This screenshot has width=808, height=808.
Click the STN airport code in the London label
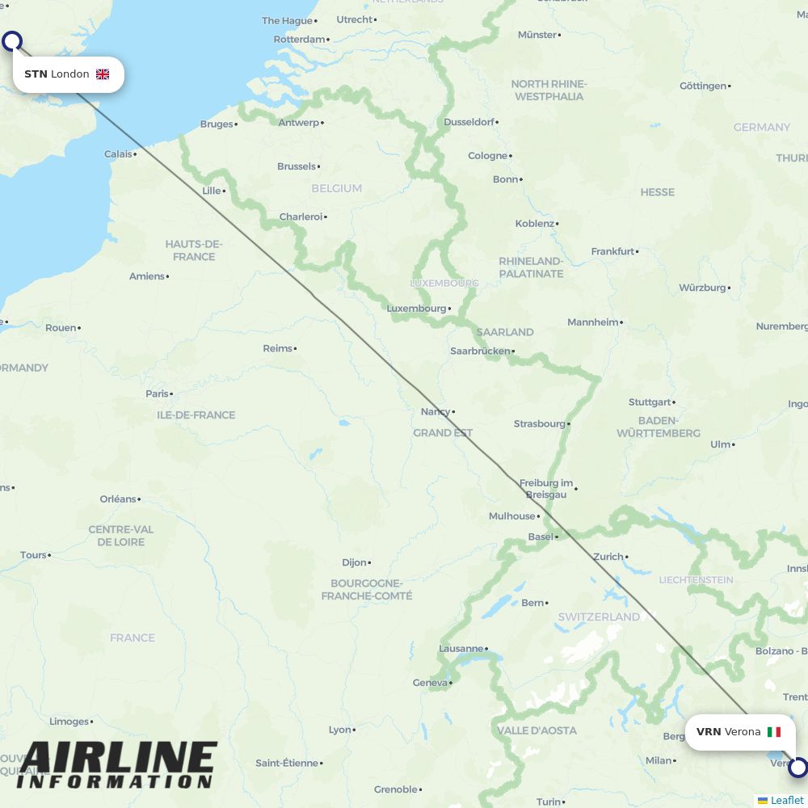click(36, 74)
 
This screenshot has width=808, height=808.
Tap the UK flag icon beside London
click(103, 74)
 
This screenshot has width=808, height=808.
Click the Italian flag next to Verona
click(774, 732)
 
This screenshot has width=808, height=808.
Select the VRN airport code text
click(709, 732)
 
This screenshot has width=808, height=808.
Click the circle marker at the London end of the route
click(12, 41)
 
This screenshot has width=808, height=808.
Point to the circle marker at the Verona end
click(798, 768)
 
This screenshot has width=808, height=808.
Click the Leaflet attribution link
click(786, 800)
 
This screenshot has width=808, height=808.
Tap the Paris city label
click(158, 393)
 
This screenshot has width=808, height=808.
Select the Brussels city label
click(297, 166)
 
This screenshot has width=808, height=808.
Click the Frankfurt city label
click(612, 251)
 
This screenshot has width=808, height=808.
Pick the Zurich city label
click(608, 557)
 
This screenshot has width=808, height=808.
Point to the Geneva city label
click(430, 683)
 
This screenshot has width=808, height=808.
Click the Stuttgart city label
click(650, 402)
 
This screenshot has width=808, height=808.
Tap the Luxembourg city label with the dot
click(416, 309)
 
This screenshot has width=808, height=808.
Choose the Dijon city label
click(354, 562)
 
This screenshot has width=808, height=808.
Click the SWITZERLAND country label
click(599, 617)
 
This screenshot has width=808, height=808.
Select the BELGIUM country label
click(336, 188)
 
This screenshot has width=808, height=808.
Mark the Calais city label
click(118, 154)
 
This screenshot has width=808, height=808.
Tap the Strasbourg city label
click(540, 423)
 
